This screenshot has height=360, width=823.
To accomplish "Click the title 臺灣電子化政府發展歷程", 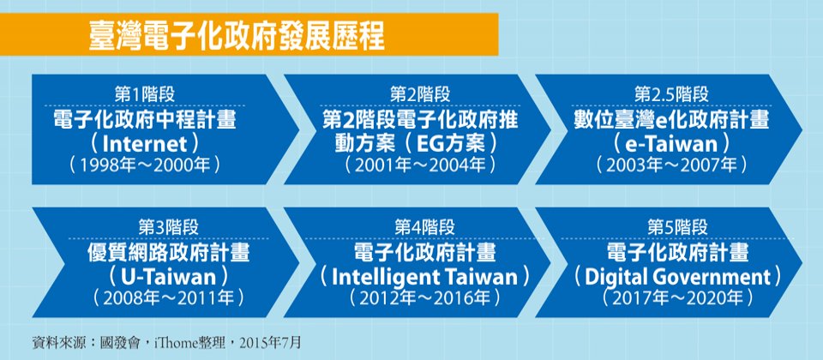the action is coord(237,35).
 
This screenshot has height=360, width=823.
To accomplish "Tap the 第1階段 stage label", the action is coord(144,94).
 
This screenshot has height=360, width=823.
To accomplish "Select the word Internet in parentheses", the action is coord(144,143).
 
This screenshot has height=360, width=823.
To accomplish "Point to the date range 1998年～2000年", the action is coord(144,165).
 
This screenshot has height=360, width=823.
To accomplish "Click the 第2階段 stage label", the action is coord(420,94).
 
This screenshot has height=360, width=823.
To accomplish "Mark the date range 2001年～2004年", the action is coord(420,165).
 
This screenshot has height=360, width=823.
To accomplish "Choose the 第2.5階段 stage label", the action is coord(670,94).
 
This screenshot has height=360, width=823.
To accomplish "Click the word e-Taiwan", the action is coord(671,143).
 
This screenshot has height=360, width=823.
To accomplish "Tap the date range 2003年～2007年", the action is coord(671,165).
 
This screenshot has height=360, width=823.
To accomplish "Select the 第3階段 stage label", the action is coord(169,228).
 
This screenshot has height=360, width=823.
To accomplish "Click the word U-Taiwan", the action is coord(169,276).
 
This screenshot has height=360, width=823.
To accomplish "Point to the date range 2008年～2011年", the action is coord(169,298).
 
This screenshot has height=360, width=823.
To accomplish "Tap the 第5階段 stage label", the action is coord(677,228).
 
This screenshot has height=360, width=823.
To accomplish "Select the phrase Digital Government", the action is coord(677,277).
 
